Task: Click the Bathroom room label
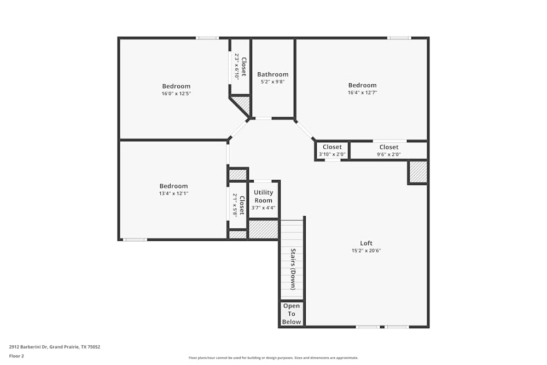(x=272, y=74)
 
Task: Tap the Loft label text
(x=366, y=244)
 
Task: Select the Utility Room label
(x=263, y=196)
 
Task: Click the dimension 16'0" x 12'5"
(x=176, y=94)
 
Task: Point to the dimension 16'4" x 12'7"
(x=362, y=92)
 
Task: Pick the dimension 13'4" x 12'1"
(x=173, y=194)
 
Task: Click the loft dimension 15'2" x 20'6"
(x=366, y=251)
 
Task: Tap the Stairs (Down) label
(x=293, y=269)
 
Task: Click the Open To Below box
(x=292, y=314)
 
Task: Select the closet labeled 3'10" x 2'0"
(x=332, y=150)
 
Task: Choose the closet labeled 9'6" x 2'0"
(x=389, y=150)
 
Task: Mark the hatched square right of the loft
(x=418, y=172)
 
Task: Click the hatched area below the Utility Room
(x=263, y=229)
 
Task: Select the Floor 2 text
(x=16, y=356)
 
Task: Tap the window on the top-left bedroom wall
(x=207, y=38)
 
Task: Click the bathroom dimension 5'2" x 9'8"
(x=272, y=82)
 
